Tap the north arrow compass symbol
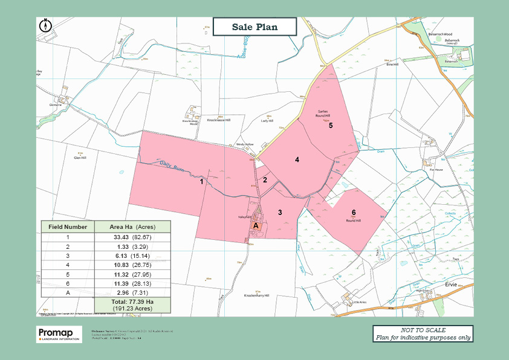click(45, 25)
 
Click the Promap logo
click(59, 334)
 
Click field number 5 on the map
click(331, 125)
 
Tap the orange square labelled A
click(256, 225)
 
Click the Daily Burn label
click(173, 164)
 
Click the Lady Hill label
click(267, 120)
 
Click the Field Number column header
click(68, 227)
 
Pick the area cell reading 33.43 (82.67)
click(133, 237)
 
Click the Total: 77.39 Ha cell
click(132, 304)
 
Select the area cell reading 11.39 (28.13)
click(133, 282)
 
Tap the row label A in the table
click(68, 292)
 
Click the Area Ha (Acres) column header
click(133, 227)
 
